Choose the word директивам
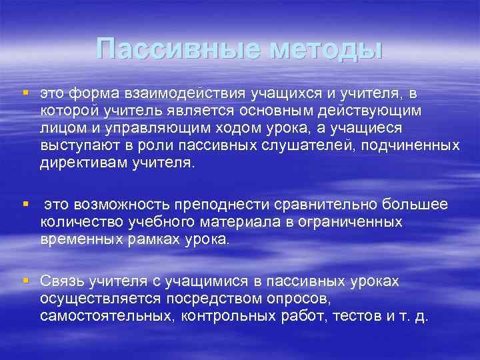(85, 163)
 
